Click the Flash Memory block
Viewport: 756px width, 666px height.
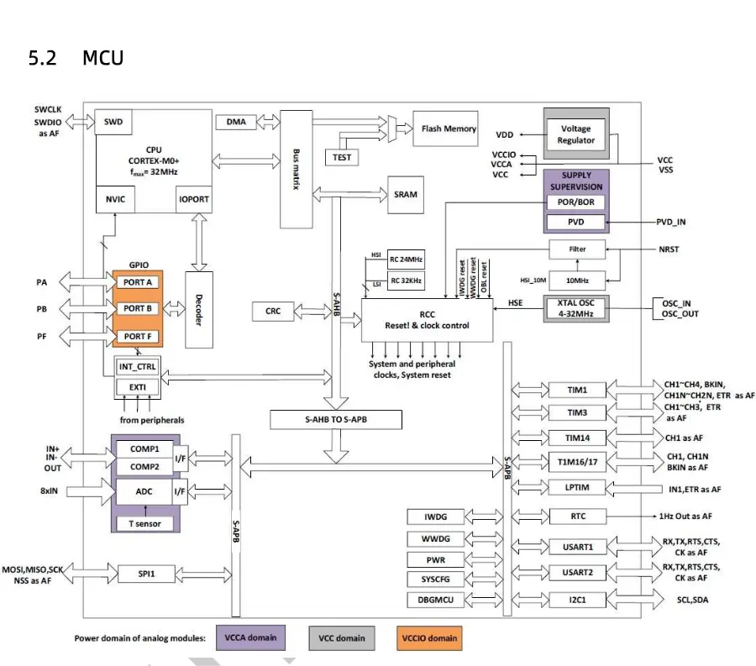point(445,128)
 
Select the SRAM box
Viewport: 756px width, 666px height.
point(406,195)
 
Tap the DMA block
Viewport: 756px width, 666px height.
point(236,122)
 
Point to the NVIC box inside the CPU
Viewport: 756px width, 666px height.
point(115,199)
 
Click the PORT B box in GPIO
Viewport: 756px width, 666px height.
point(138,308)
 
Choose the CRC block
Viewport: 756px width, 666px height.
point(272,312)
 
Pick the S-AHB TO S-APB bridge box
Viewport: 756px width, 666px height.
point(335,419)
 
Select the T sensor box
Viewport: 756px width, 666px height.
point(144,524)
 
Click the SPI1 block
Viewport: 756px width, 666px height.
point(146,574)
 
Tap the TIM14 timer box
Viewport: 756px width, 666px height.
point(577,438)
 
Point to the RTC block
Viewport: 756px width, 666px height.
point(578,517)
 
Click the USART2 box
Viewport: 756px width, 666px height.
point(577,573)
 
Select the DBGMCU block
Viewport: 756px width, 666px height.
point(435,600)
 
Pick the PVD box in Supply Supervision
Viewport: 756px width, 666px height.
point(575,223)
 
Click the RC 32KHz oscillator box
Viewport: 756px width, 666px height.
point(406,281)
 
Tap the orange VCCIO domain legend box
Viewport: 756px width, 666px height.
point(429,638)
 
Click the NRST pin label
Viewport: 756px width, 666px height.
point(669,249)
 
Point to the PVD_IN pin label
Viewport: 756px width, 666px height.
point(670,223)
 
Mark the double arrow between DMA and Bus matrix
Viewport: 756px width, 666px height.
point(268,122)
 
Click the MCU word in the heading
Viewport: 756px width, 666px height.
point(102,58)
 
